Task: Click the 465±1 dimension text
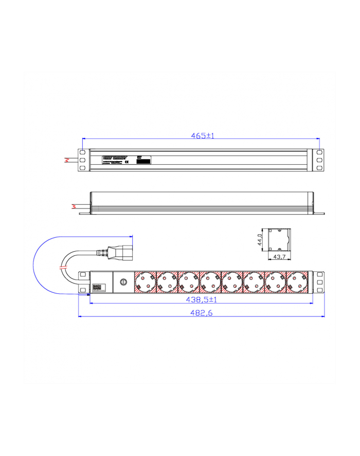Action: [202, 136]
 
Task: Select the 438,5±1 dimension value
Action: [202, 299]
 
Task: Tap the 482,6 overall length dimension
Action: [201, 312]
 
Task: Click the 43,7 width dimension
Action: [279, 256]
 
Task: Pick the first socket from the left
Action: [145, 282]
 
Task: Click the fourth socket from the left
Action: [211, 282]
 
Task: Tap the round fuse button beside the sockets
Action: [123, 282]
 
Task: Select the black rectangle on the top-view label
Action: [145, 161]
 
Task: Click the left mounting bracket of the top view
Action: [82, 161]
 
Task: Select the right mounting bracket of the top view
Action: [319, 161]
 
